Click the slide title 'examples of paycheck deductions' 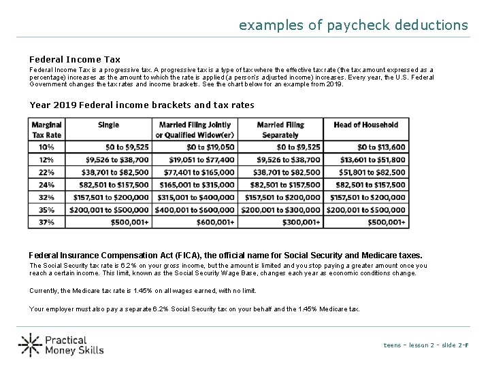point(353,25)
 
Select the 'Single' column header point(108,125)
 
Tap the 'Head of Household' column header point(365,125)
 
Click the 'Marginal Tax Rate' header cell point(46,129)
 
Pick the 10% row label point(46,146)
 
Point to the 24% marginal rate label point(46,184)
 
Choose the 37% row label point(46,222)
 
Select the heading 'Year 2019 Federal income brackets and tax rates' point(142,105)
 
